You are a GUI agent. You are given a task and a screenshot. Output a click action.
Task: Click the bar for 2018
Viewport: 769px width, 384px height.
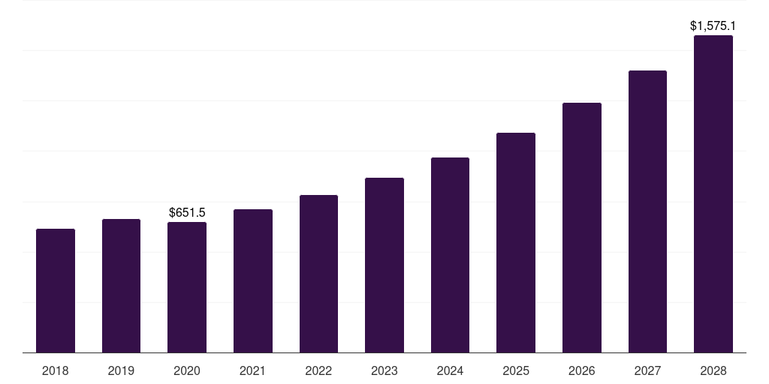pyautogui.click(x=56, y=291)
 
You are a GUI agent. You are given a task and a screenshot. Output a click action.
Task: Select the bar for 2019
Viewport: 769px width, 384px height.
pyautogui.click(x=121, y=286)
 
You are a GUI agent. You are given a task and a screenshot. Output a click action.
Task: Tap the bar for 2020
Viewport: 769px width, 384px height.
pyautogui.click(x=187, y=287)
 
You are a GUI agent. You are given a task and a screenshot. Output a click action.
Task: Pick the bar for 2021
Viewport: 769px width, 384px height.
pyautogui.click(x=253, y=281)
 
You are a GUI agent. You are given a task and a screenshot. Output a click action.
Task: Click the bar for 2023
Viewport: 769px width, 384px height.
pyautogui.click(x=384, y=265)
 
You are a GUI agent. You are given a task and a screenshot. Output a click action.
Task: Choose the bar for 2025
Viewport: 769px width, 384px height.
pyautogui.click(x=516, y=243)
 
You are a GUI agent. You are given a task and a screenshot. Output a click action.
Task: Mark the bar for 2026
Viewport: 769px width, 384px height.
pyautogui.click(x=582, y=228)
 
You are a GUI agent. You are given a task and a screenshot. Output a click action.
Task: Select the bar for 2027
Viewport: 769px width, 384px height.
pyautogui.click(x=647, y=211)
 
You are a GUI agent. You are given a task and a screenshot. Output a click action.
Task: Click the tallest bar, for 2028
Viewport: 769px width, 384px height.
pyautogui.click(x=713, y=194)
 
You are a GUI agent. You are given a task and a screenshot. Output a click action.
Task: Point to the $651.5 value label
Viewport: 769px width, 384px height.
pyautogui.click(x=187, y=213)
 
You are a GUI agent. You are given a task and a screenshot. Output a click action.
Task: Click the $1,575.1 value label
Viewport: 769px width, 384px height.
pyautogui.click(x=713, y=26)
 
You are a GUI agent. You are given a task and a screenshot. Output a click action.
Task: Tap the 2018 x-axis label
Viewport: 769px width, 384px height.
pyautogui.click(x=56, y=370)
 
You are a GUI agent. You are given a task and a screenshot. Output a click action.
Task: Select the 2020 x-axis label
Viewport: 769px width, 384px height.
pyautogui.click(x=187, y=370)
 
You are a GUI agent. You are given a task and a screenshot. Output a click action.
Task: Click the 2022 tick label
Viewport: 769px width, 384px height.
pyautogui.click(x=318, y=370)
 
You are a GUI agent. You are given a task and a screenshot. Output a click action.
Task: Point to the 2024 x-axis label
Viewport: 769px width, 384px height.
pyautogui.click(x=450, y=370)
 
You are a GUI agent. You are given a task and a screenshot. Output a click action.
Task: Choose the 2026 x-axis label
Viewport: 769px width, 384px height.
pyautogui.click(x=582, y=370)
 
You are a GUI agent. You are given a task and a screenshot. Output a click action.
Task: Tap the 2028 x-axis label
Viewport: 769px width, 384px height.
pyautogui.click(x=713, y=370)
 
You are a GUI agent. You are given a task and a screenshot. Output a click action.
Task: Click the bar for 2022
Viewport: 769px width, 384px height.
pyautogui.click(x=318, y=274)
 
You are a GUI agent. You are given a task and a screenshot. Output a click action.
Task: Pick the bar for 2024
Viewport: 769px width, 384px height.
pyautogui.click(x=450, y=255)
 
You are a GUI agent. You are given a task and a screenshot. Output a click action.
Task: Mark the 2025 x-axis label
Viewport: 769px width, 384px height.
pyautogui.click(x=516, y=370)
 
